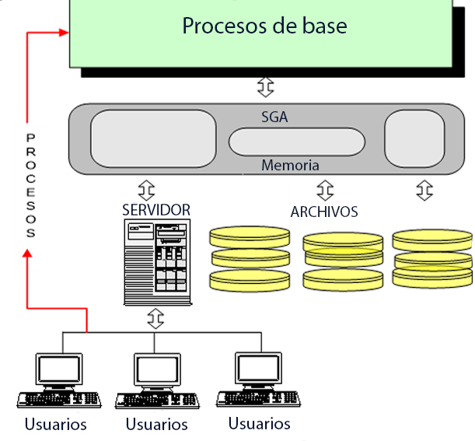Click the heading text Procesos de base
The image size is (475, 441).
264,26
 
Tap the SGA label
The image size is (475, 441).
274,117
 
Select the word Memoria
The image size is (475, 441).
290,166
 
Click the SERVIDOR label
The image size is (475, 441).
156,210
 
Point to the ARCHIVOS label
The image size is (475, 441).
324,212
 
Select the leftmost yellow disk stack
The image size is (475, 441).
250,257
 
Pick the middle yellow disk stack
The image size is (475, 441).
343,261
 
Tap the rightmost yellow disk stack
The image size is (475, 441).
432,257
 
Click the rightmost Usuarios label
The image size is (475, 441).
259,424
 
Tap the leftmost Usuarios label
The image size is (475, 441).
55,425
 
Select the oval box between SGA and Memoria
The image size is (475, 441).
296,142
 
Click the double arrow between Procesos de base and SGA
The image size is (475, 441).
266,84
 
